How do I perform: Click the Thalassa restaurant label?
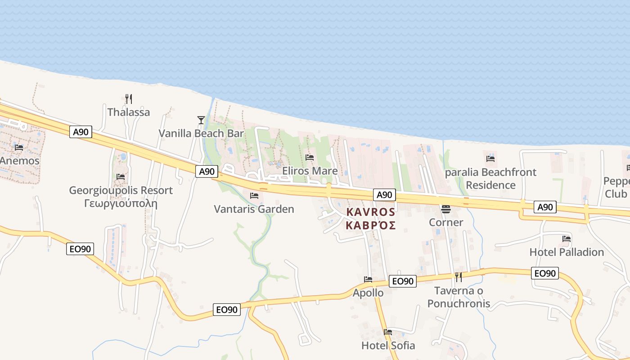[x=129, y=112]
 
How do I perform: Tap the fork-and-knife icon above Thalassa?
[x=129, y=99]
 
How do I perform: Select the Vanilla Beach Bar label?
[x=201, y=133]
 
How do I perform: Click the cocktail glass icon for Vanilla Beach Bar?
[x=201, y=120]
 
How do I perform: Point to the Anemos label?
[x=20, y=161]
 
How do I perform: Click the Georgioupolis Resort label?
[x=121, y=190]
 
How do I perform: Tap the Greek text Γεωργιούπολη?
[x=121, y=203]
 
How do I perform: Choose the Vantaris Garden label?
[x=254, y=209]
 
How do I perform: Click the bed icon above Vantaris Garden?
[x=254, y=196]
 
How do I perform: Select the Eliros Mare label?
[x=310, y=171]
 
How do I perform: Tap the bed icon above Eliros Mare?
[x=310, y=157]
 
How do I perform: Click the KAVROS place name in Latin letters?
[x=371, y=212]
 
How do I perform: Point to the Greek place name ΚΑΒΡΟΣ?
[x=371, y=225]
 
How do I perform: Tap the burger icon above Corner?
[x=446, y=209]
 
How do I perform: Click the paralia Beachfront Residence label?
[x=490, y=179]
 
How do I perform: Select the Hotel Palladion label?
[x=567, y=252]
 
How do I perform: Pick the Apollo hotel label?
[x=368, y=293]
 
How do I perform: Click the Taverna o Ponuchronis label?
[x=459, y=297]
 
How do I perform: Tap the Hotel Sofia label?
[x=388, y=346]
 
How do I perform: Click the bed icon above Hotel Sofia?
[x=388, y=332]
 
